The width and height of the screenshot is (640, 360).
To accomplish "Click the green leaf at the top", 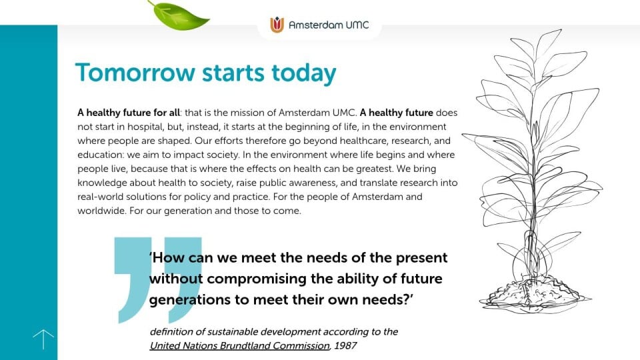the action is pos(179,16).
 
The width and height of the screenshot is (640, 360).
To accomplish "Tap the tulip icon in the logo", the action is pos(277,25).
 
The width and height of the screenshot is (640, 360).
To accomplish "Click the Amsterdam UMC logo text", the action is pos(329,25).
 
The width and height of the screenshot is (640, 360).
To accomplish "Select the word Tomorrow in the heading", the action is pos(135,73).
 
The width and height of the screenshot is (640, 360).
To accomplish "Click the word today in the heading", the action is pos(304,73).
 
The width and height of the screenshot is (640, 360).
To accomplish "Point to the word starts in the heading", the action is pos(233,73).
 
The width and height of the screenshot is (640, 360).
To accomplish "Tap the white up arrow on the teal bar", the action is pos(43,339).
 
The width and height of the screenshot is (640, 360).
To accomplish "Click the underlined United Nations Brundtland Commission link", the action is pos(239,346).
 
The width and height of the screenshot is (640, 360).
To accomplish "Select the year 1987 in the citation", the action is pos(345,346).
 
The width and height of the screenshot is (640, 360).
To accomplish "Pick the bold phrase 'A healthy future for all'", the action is pos(129,113).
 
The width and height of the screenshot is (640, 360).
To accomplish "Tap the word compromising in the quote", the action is pos(257,279).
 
